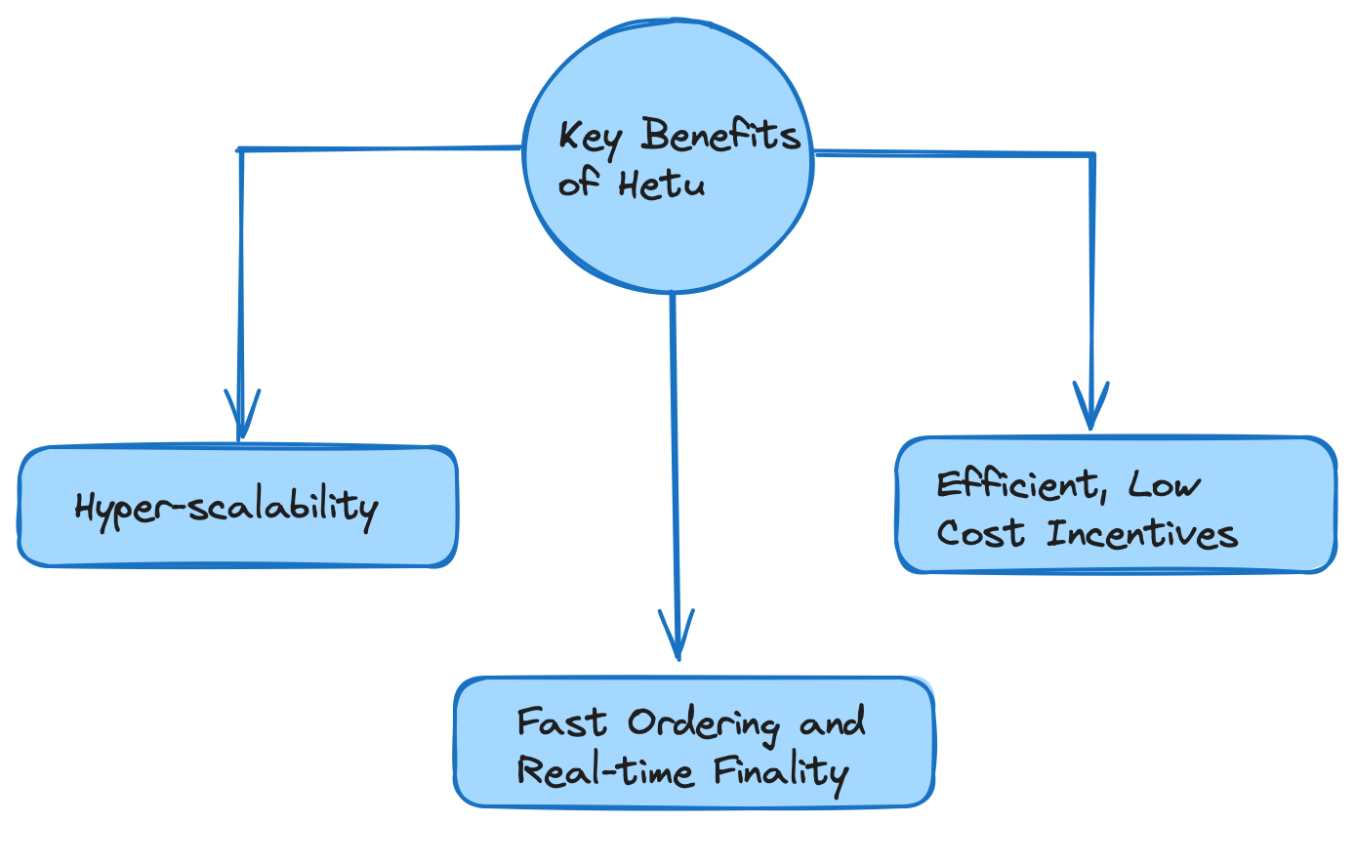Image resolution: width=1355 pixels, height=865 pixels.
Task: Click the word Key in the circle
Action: click(589, 139)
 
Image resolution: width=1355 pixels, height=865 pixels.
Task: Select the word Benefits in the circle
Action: click(720, 136)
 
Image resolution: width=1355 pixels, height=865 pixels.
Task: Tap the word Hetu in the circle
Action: click(661, 185)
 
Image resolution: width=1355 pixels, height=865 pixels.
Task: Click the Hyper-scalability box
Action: click(237, 507)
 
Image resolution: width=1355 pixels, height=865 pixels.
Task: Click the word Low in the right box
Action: click(1165, 485)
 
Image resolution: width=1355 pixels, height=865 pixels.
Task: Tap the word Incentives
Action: click(1142, 534)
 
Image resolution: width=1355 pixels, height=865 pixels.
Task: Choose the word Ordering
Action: click(703, 724)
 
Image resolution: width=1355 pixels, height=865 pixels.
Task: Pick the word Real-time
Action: click(605, 771)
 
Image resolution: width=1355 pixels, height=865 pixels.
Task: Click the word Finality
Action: click(780, 773)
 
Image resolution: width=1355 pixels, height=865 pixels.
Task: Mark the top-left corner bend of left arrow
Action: click(240, 150)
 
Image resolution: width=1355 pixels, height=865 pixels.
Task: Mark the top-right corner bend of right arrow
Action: click(1091, 154)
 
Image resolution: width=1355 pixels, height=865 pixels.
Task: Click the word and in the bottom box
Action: click(832, 724)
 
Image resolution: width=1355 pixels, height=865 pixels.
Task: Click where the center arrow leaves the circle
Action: click(672, 293)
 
